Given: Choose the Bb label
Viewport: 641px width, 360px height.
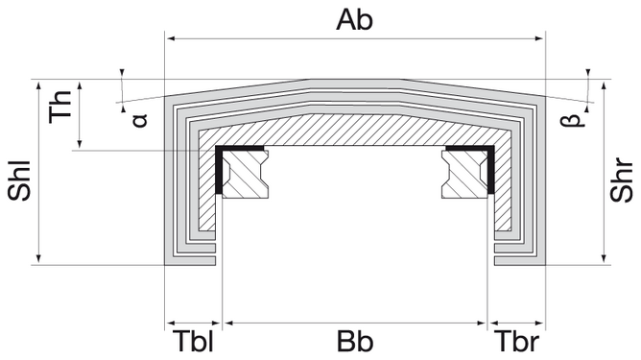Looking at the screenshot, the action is tap(354, 343).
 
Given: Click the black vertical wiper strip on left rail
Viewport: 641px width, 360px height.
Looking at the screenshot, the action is tap(220, 172).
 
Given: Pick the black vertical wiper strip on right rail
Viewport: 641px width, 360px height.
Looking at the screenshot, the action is tap(490, 172).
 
